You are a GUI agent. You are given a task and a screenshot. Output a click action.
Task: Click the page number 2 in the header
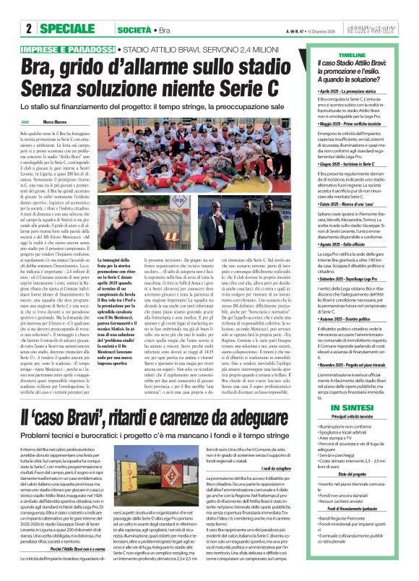[x=30, y=28]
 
